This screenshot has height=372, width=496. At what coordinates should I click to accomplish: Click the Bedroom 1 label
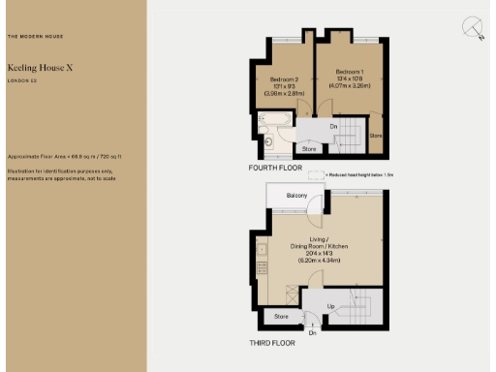349,73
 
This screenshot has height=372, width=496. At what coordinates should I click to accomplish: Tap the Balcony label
296,196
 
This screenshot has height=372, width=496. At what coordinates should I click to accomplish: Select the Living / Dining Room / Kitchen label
318,242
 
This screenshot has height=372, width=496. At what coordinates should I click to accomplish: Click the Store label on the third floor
281,317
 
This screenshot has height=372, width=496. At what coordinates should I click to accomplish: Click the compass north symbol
472,28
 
